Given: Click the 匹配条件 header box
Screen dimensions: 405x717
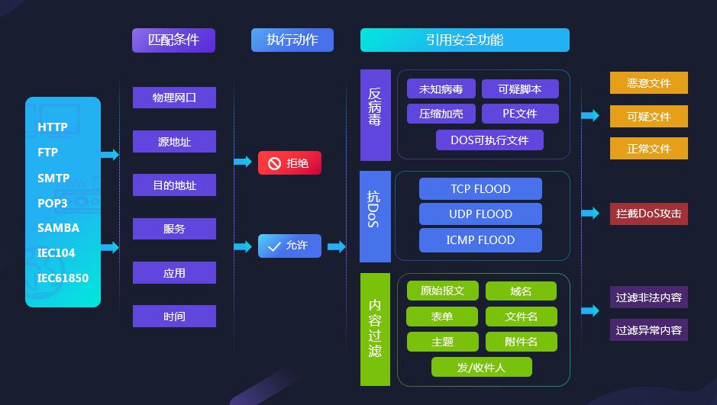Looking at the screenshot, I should (173, 40).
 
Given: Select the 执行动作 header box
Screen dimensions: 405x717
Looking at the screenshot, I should (292, 40).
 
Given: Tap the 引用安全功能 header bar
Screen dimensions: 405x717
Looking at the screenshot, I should (464, 40).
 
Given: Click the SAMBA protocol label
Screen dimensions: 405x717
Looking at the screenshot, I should (58, 228).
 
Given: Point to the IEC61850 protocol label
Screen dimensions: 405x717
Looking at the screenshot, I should (63, 278).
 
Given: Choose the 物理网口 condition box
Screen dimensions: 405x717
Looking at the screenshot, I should (174, 98).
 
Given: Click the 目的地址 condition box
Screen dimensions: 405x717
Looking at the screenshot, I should (174, 185).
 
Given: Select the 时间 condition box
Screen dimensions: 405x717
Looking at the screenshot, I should (174, 317).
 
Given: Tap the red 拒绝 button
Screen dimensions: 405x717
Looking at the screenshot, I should (289, 163).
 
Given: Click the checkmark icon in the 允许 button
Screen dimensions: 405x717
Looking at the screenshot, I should (274, 246).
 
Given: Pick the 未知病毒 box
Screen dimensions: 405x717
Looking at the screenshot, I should (441, 89).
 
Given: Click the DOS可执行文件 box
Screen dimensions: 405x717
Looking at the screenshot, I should (489, 140).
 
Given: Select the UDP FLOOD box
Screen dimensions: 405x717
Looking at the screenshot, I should (480, 214).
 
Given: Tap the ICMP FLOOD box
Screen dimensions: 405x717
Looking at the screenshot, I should (480, 240).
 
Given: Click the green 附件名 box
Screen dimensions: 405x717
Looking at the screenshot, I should (521, 342).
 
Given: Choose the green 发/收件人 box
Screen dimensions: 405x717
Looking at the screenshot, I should (481, 368).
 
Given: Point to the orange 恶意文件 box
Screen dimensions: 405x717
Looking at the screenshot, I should (648, 83).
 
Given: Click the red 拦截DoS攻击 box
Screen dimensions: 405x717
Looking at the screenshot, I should (648, 214).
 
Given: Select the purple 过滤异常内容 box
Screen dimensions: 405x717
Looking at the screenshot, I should (648, 330).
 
